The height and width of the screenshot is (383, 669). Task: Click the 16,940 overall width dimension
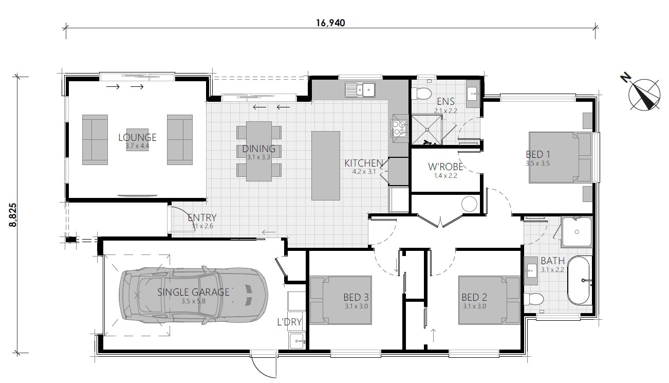(330, 23)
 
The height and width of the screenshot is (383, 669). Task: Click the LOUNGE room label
(137, 137)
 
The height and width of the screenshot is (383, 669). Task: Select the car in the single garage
(193, 295)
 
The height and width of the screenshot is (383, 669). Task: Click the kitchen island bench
(325, 166)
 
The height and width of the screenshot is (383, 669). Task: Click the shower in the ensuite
(426, 129)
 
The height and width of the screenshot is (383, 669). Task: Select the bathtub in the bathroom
(580, 280)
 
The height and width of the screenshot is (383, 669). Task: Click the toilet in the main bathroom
(533, 298)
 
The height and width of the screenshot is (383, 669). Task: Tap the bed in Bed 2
(490, 300)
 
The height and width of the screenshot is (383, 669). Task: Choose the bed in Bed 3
(340, 300)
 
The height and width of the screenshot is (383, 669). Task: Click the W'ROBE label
(446, 167)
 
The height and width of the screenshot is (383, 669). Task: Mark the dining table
(259, 151)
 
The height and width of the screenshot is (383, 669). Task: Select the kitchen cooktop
(399, 130)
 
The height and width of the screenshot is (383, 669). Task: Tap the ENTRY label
(202, 217)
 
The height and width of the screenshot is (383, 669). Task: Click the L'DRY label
(289, 323)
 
